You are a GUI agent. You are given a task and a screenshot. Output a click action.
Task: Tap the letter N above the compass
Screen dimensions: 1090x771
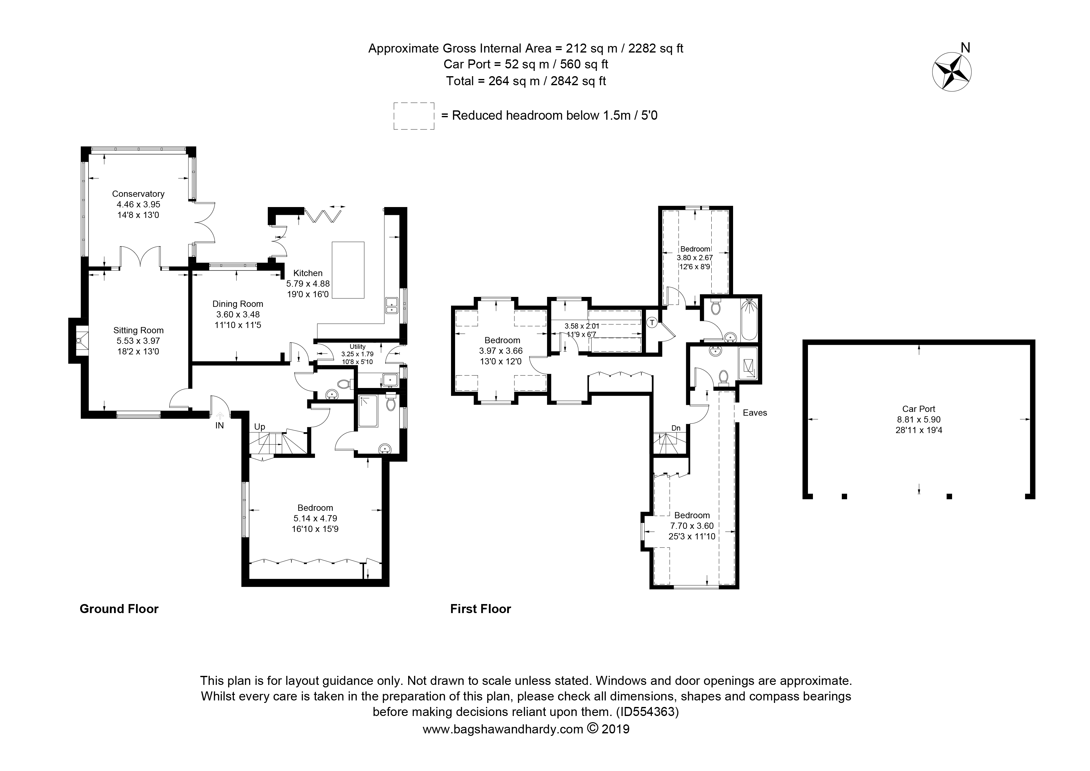click(x=965, y=48)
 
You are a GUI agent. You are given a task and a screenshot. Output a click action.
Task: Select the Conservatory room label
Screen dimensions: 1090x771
click(x=138, y=194)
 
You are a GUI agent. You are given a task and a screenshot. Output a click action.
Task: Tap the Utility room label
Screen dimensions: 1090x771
click(x=358, y=347)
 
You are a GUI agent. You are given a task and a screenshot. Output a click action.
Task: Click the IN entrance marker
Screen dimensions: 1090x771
click(x=219, y=426)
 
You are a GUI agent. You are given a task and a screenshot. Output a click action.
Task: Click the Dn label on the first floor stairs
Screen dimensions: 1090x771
click(x=676, y=428)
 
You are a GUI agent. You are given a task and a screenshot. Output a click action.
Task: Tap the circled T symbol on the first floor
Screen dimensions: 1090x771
click(x=652, y=323)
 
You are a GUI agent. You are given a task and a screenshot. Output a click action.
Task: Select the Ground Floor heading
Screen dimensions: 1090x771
click(x=119, y=609)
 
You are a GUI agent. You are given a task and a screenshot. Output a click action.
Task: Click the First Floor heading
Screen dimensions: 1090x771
click(x=481, y=609)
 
